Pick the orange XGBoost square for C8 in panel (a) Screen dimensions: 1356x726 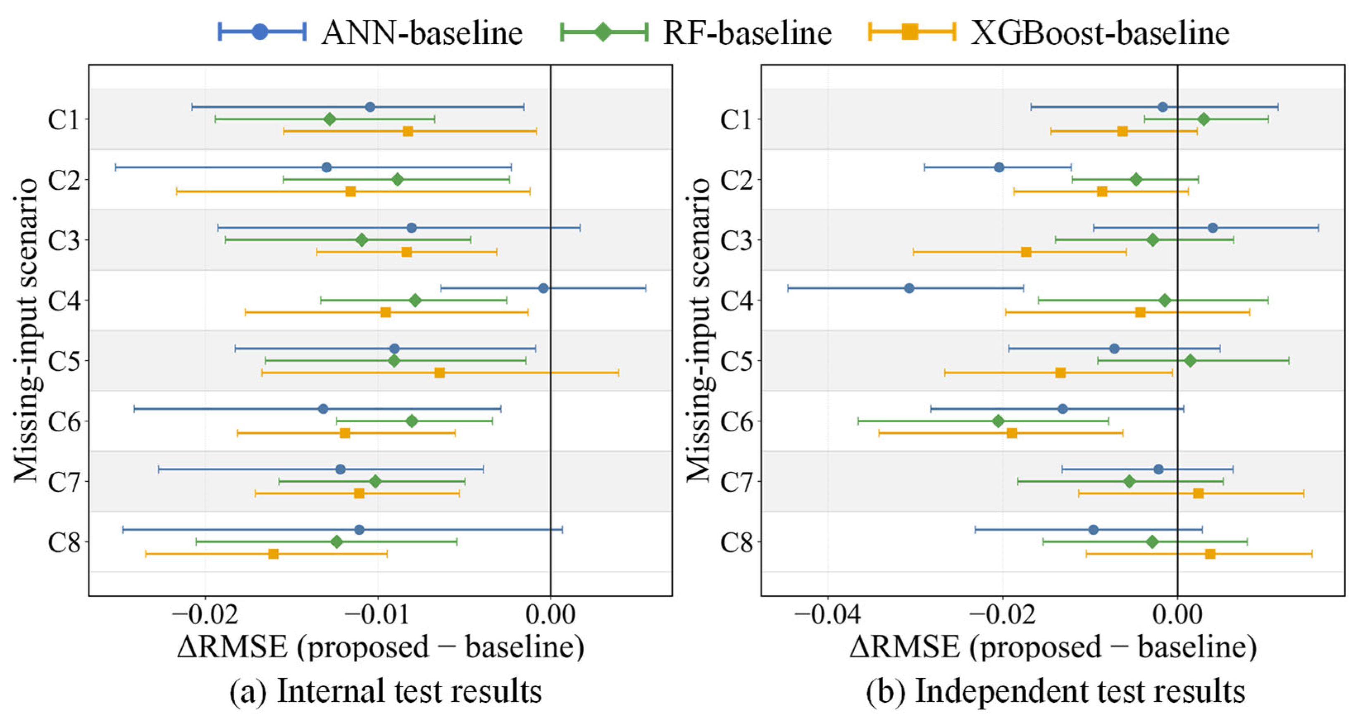[x=273, y=554]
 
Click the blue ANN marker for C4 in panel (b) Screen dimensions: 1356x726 [x=909, y=288]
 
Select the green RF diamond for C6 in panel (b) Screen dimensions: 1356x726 [x=998, y=421]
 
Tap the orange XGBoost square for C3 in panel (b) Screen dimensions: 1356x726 [x=1026, y=252]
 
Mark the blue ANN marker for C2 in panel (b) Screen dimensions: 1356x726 [x=999, y=168]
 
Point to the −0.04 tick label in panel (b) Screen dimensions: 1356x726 [x=827, y=614]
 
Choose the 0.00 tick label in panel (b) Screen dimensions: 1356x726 [x=1177, y=614]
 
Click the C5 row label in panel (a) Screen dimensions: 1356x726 [x=64, y=361]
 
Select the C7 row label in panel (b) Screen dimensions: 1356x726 [x=736, y=482]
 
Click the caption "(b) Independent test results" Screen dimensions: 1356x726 [x=1056, y=691]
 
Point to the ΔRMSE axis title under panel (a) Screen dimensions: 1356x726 [x=381, y=647]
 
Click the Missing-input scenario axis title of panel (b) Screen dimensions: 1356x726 [x=698, y=330]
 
